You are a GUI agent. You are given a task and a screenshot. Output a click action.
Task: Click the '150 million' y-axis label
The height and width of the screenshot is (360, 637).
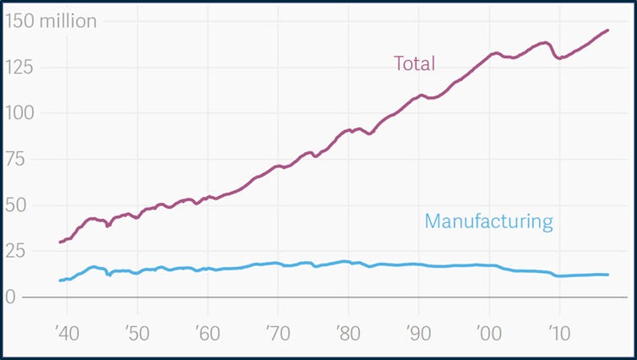[x=50, y=21]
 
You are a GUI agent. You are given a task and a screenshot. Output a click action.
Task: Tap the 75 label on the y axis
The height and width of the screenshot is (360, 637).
[x=16, y=159]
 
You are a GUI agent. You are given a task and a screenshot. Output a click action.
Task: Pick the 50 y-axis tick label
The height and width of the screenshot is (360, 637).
[x=16, y=205]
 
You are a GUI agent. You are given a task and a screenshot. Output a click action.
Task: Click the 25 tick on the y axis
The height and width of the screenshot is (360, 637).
[x=16, y=251]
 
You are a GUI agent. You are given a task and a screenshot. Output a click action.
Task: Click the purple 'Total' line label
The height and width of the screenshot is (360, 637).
[x=414, y=63]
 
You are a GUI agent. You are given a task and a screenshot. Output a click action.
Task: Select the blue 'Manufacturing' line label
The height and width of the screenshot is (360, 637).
[x=488, y=222]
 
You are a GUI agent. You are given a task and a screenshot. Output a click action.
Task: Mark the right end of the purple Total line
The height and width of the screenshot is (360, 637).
[x=607, y=30]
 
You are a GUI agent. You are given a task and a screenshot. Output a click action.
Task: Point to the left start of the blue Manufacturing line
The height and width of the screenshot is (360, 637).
[x=60, y=280]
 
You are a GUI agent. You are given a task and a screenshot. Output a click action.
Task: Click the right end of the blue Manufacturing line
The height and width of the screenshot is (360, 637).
[x=607, y=275]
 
